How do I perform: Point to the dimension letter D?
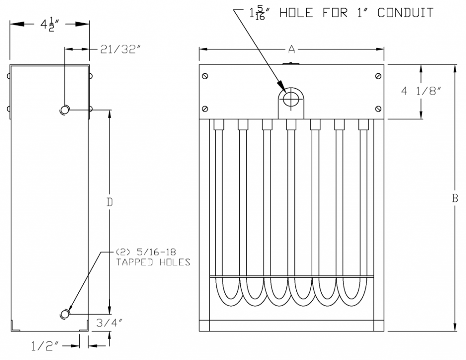point(109,202)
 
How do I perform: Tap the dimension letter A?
point(291,48)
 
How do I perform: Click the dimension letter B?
point(455,198)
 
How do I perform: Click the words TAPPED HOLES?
point(153,262)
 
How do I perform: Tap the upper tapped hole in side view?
point(65,110)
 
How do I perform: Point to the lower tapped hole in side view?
point(65,314)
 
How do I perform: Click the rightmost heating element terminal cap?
point(363,124)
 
